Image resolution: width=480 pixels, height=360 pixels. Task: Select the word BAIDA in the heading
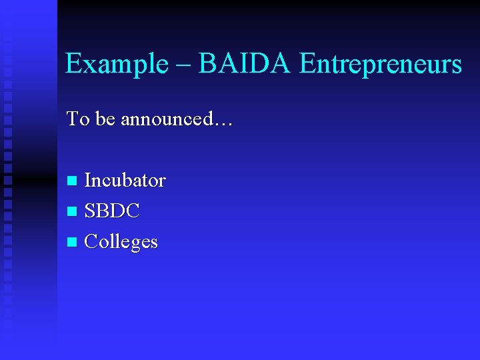click(x=245, y=64)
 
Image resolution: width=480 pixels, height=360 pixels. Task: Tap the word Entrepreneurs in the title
click(x=381, y=65)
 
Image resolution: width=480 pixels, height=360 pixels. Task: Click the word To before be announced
click(x=77, y=119)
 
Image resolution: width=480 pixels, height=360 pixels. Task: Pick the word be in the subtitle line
click(x=105, y=119)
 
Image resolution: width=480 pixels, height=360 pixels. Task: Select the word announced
click(x=163, y=119)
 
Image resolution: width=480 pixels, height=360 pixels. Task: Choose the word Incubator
click(x=125, y=180)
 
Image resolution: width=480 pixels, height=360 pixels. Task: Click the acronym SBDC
click(x=113, y=211)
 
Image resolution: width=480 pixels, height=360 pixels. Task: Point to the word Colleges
click(x=121, y=241)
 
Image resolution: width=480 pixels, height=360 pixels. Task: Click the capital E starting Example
click(x=73, y=65)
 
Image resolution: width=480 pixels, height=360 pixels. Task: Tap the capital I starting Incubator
click(x=88, y=180)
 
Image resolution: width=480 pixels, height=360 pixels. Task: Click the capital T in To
click(x=73, y=119)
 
